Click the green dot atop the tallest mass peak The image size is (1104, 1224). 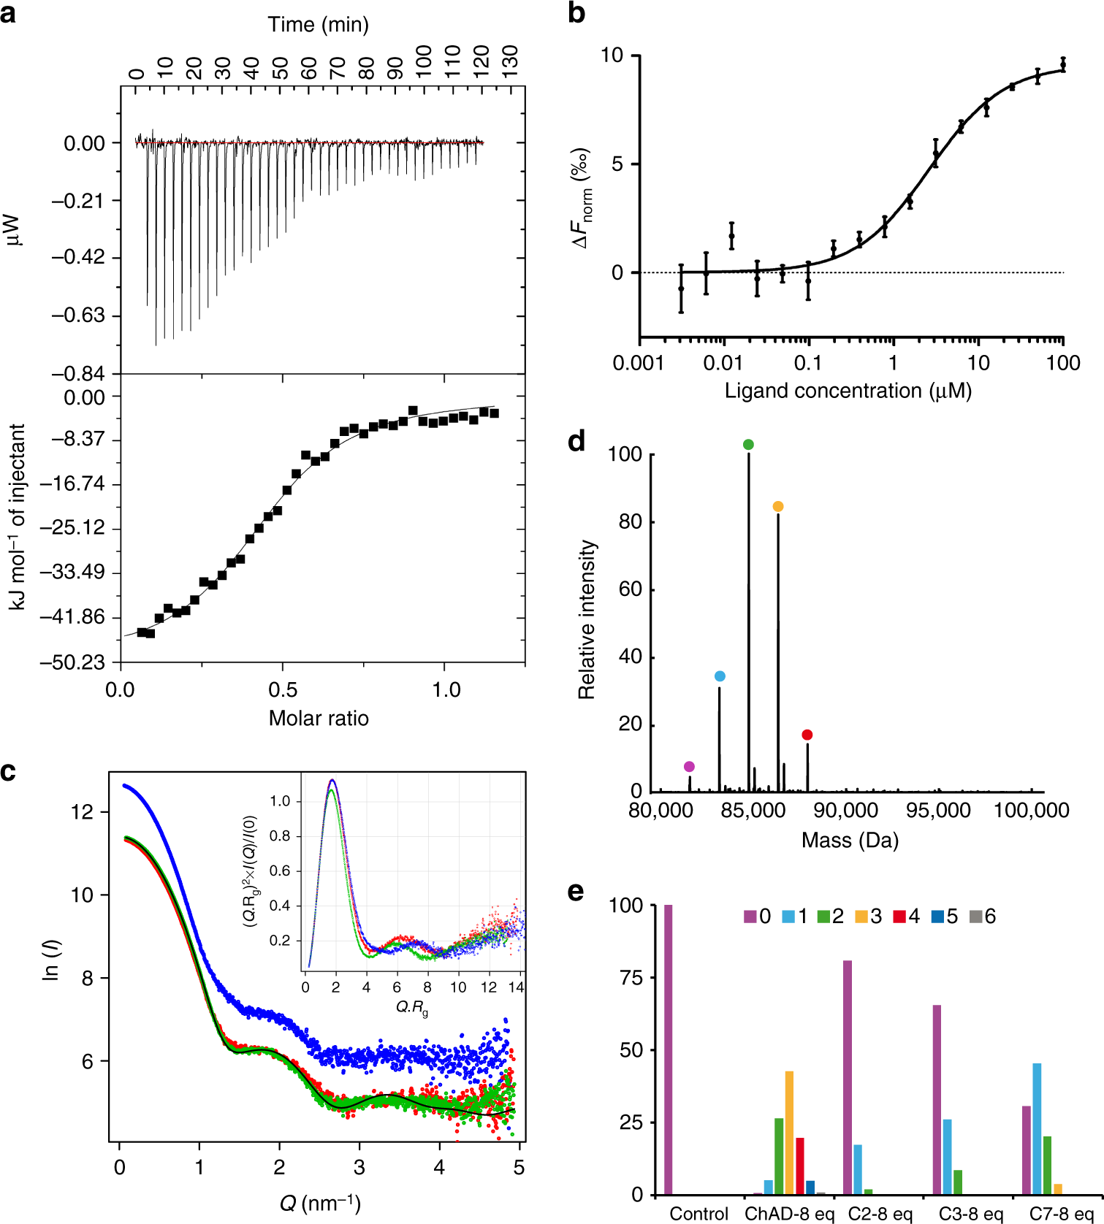click(x=748, y=445)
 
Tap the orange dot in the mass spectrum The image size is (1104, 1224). click(x=778, y=507)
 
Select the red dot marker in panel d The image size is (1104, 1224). click(x=807, y=735)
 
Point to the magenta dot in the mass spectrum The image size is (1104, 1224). click(x=689, y=767)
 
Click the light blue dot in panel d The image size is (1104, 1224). click(x=720, y=676)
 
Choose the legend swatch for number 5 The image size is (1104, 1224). click(x=937, y=917)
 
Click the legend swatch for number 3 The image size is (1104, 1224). click(x=861, y=917)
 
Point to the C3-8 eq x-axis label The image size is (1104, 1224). click(x=970, y=1214)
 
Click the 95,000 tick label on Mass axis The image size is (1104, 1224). click(x=939, y=811)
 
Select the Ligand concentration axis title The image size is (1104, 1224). click(x=848, y=391)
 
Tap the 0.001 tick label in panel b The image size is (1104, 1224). click(x=638, y=363)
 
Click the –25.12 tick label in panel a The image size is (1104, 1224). click(x=73, y=527)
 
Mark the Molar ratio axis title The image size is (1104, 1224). click(x=319, y=718)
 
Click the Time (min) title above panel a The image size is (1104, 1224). click(x=319, y=25)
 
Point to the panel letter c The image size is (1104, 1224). click(x=8, y=772)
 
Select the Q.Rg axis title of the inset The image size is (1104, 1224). click(x=412, y=1008)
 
